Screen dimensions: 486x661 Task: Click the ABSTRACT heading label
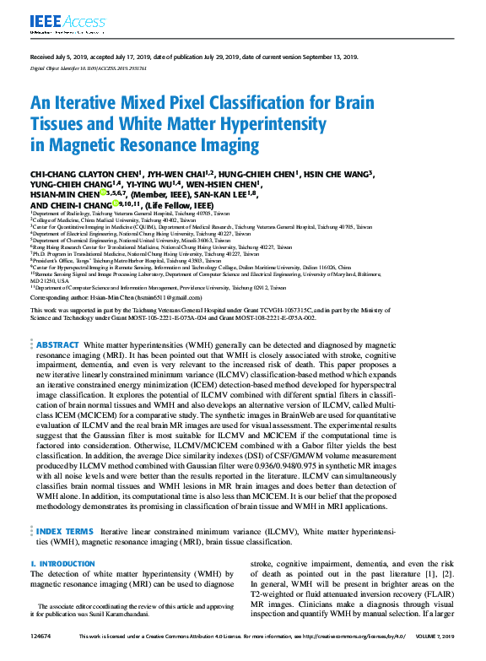point(57,322)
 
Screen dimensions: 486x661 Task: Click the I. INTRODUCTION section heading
point(62,563)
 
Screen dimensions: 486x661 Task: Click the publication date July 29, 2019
point(211,57)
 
